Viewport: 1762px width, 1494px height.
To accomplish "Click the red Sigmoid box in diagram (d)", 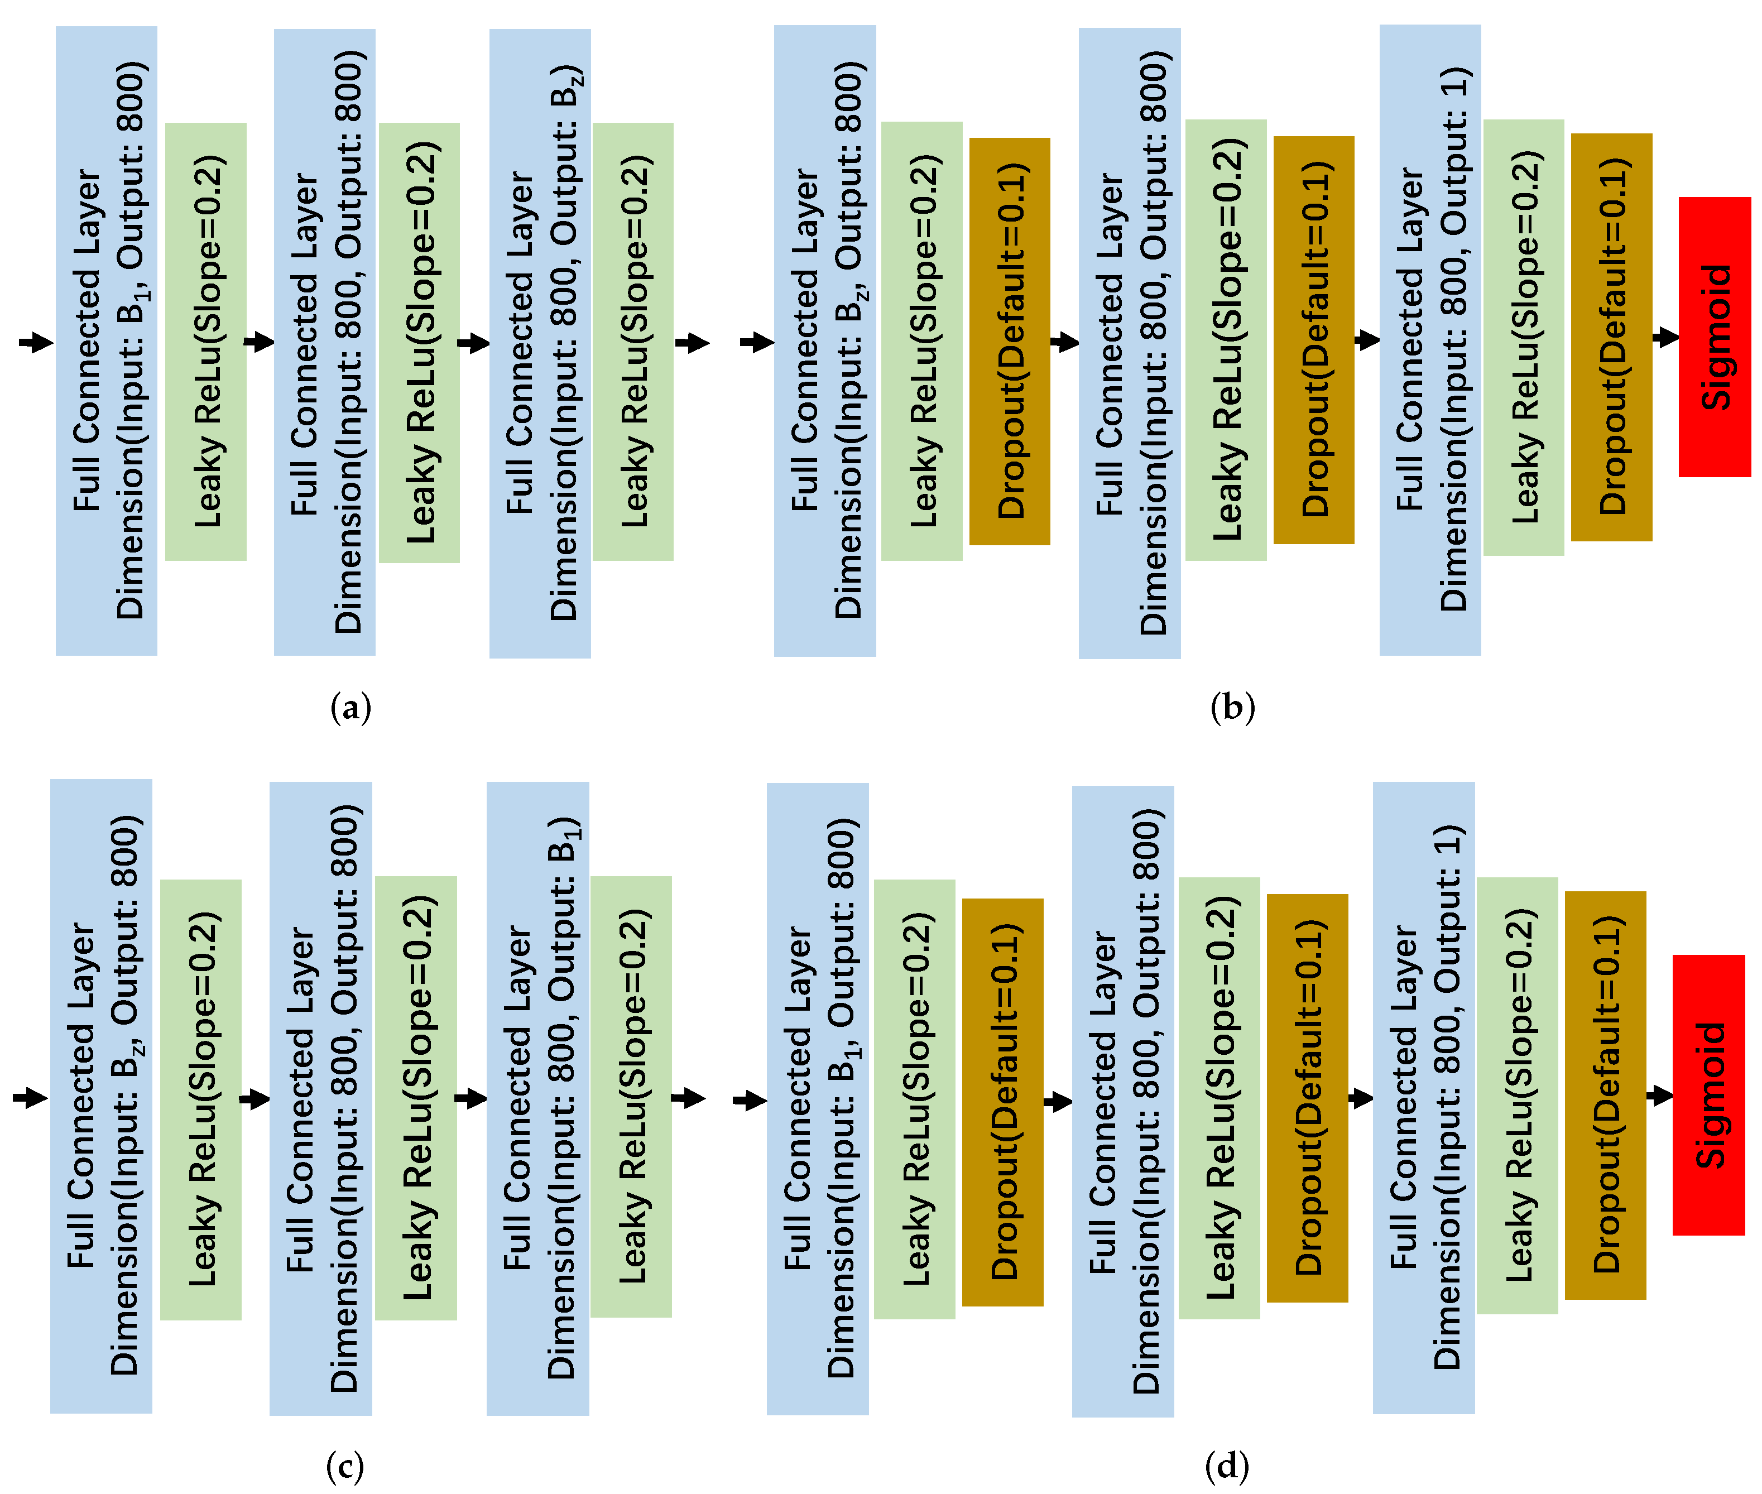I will click(x=1708, y=1094).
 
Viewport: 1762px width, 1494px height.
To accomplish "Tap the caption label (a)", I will click(x=350, y=707).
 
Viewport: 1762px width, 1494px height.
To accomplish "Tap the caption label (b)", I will click(x=1232, y=707).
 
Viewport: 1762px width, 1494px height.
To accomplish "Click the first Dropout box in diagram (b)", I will click(x=1009, y=342).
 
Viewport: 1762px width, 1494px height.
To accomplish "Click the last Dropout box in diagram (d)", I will click(x=1605, y=1095).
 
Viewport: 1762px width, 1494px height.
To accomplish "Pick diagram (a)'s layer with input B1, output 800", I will click(x=106, y=340).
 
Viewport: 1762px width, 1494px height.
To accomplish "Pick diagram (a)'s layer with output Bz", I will click(x=540, y=343).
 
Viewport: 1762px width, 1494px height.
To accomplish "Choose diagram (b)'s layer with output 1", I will click(x=1430, y=340).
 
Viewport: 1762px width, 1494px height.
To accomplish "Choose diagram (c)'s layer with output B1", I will click(x=537, y=1098).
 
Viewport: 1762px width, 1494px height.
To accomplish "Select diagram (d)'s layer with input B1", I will click(x=818, y=1098).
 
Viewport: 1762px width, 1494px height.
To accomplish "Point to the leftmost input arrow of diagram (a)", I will click(x=36, y=342).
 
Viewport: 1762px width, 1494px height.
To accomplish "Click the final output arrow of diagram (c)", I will click(x=688, y=1098).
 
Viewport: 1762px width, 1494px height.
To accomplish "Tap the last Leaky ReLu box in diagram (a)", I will click(x=633, y=342).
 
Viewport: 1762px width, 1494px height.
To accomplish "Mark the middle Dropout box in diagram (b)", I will click(x=1313, y=340).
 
